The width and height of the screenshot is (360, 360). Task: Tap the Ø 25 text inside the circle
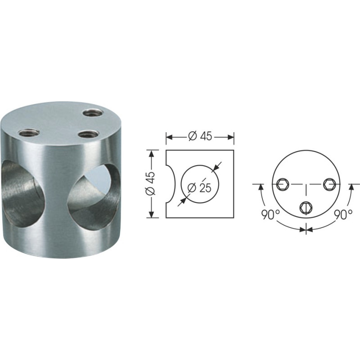(202, 188)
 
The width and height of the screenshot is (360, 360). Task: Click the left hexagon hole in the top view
(283, 184)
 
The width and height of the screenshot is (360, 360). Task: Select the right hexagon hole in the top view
(329, 184)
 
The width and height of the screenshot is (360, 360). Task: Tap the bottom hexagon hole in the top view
(306, 207)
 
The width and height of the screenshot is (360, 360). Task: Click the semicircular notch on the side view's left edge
(170, 184)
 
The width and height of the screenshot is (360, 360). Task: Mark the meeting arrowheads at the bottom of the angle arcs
(306, 229)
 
